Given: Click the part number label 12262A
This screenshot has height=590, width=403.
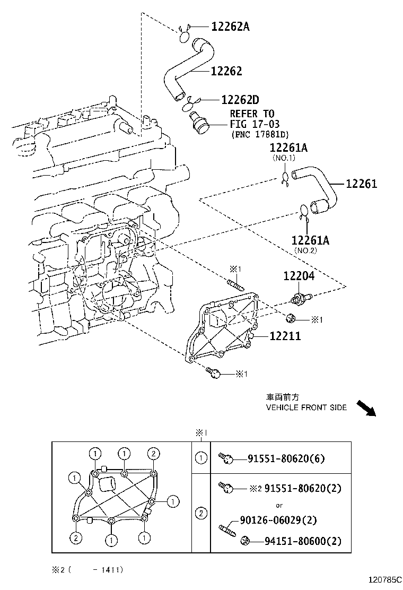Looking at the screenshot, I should tap(230, 27).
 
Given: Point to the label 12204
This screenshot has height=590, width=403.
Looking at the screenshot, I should tap(299, 276).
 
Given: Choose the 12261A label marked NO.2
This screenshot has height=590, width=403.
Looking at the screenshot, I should tap(310, 240).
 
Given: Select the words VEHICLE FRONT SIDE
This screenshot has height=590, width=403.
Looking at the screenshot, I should tap(306, 407).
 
